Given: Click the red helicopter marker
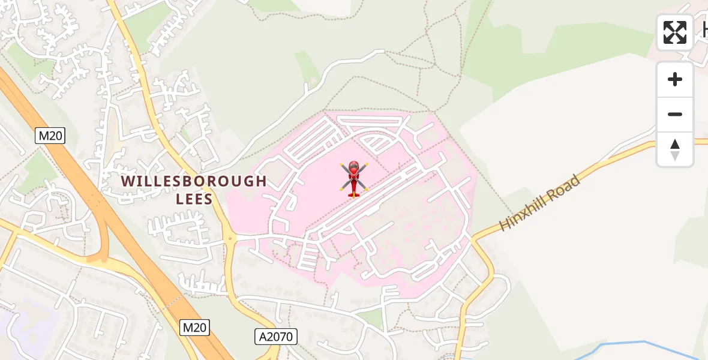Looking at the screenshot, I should tap(354, 178).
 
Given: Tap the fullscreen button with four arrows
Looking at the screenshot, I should tap(674, 32).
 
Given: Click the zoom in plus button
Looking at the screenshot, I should tap(675, 80).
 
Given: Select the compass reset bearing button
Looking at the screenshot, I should tap(675, 149).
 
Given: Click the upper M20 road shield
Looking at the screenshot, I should tap(50, 136).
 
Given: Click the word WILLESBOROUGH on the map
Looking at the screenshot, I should tap(194, 181).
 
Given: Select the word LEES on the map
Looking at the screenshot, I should tap(194, 199).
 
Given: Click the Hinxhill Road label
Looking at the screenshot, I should tap(541, 203).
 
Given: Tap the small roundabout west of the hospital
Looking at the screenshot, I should tap(229, 239).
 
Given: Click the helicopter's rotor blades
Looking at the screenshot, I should tap(354, 175).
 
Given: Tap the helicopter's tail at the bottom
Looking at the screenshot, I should tap(353, 194).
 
